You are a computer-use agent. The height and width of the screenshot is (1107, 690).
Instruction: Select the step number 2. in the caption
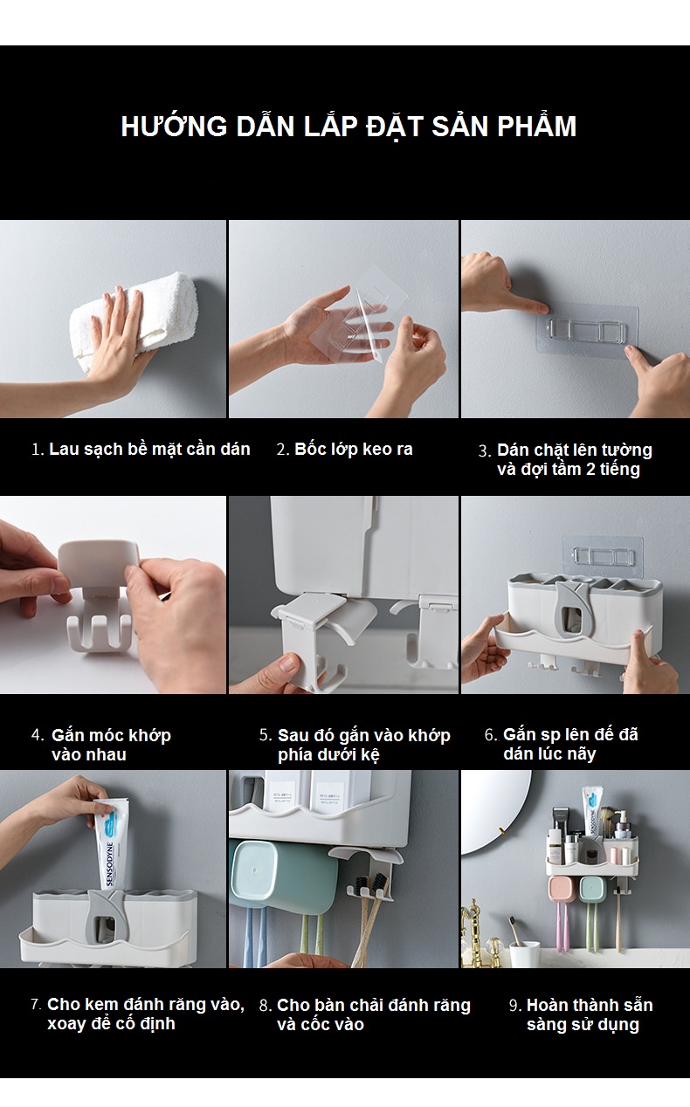click(283, 450)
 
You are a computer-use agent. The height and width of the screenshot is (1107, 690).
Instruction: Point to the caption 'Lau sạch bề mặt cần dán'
click(149, 450)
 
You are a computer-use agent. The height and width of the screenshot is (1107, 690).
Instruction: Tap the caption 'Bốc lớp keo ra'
click(354, 450)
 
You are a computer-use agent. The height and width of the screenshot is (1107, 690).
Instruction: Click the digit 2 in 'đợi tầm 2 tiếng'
click(590, 469)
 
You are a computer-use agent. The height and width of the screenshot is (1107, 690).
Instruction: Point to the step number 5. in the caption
click(266, 735)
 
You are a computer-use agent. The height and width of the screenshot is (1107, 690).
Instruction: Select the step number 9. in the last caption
click(515, 1006)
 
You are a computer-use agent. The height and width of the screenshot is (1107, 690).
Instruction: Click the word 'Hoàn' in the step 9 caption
click(546, 1005)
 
